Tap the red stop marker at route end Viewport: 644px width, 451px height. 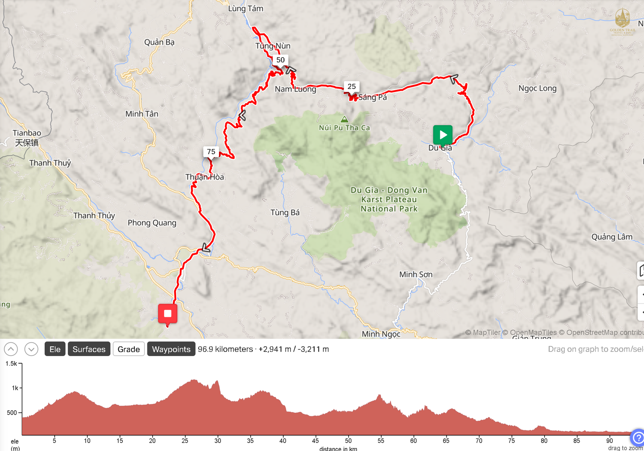tap(167, 314)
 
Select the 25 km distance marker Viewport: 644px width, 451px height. tap(351, 87)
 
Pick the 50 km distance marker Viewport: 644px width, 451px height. tap(281, 60)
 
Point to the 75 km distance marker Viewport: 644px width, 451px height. tap(211, 152)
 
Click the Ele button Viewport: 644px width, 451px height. tap(55, 349)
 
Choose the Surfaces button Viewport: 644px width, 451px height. tap(89, 349)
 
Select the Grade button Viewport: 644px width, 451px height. tap(128, 349)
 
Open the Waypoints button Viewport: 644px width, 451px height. tap(171, 349)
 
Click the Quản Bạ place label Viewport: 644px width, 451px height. tap(159, 42)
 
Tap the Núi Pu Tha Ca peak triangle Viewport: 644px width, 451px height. tap(344, 119)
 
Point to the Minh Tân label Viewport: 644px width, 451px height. tap(142, 114)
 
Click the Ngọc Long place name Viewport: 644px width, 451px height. tap(537, 89)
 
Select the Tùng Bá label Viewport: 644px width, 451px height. tap(285, 213)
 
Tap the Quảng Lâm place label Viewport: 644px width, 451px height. tap(612, 237)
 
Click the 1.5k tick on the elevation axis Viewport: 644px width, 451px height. tap(12, 364)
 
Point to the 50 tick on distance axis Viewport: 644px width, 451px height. tap(348, 441)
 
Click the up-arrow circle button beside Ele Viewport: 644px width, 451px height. tap(11, 349)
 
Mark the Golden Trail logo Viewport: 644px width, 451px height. tap(622, 22)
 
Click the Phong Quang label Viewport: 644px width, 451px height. tap(152, 223)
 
